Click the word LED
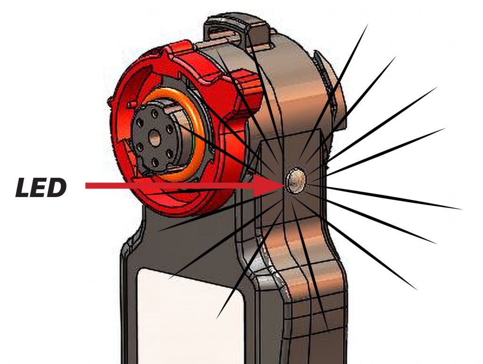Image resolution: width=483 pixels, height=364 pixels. click(x=41, y=188)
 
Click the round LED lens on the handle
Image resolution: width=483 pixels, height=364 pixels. click(x=296, y=181)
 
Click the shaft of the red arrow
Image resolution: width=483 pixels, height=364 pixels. click(x=169, y=186)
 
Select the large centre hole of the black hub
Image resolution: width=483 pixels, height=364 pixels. click(x=155, y=139)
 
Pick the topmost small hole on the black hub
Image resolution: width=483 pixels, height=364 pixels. click(x=155, y=114)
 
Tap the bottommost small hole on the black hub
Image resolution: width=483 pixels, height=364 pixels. click(x=155, y=162)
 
